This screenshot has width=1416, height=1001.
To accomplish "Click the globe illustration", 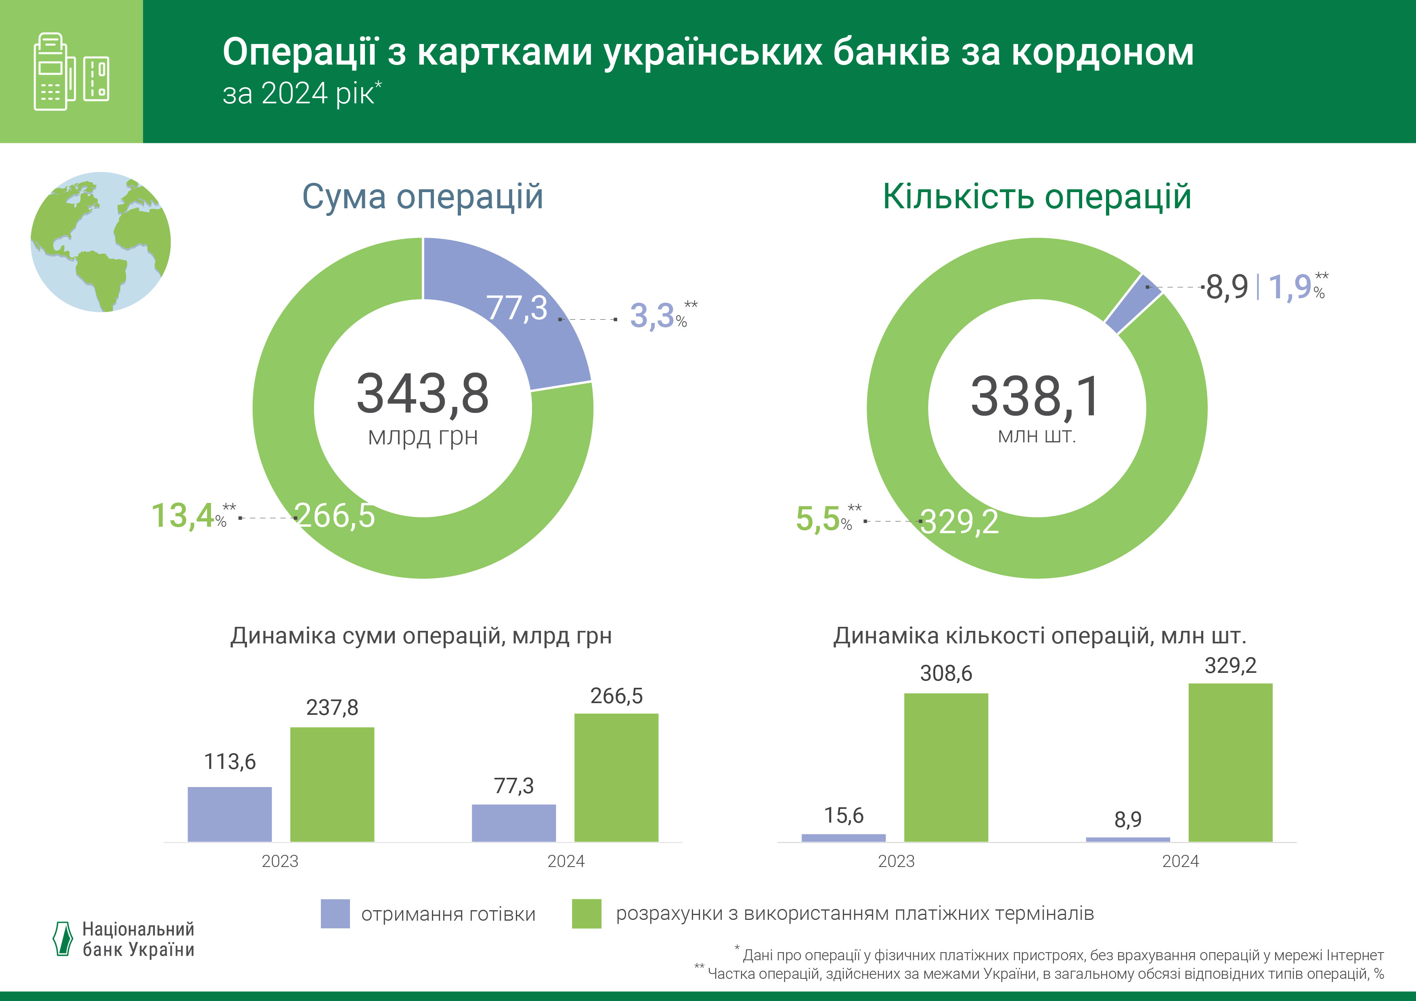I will [x=101, y=242].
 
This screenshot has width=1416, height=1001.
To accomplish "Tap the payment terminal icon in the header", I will [x=71, y=71].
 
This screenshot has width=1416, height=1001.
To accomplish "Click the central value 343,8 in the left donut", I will [x=423, y=394].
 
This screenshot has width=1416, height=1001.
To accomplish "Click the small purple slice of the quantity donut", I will [x=1133, y=304].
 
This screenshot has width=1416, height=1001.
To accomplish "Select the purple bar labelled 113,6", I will [x=229, y=814].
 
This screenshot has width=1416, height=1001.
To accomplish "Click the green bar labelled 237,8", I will [x=332, y=785].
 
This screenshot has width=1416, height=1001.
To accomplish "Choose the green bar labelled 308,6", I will [x=945, y=767].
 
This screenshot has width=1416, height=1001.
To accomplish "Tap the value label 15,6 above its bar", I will [x=844, y=815].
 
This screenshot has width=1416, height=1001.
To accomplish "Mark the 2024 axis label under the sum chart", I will [x=566, y=861].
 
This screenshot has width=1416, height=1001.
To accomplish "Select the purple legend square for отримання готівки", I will [x=335, y=913].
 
